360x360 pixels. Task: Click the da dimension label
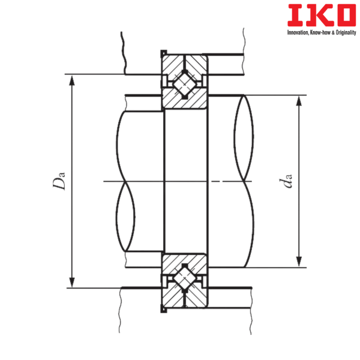pyautogui.click(x=289, y=181)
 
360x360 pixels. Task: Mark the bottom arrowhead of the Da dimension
pyautogui.click(x=72, y=281)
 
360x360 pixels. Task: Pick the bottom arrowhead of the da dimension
pyautogui.click(x=298, y=262)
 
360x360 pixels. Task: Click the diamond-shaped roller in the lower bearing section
pyautogui.click(x=185, y=280)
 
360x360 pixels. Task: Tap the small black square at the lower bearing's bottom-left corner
pyautogui.click(x=161, y=310)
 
